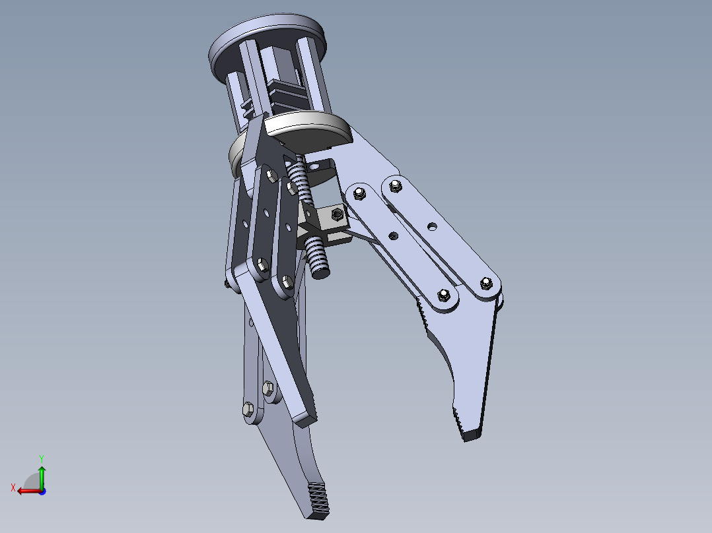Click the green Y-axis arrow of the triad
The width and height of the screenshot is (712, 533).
coord(42,475)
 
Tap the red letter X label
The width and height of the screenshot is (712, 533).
coord(13,487)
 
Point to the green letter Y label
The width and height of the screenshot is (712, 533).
coord(41,457)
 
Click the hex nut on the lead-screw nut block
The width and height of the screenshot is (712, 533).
coord(336,214)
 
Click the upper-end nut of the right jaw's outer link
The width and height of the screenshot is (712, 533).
coord(395,185)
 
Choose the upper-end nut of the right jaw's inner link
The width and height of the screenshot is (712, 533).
coord(360,193)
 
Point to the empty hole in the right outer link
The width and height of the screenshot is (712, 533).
coord(431,226)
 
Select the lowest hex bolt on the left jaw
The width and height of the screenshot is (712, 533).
coord(248,409)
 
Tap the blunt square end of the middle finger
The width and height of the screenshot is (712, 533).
coord(305,417)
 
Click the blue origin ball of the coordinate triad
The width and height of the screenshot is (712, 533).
coord(42,491)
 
